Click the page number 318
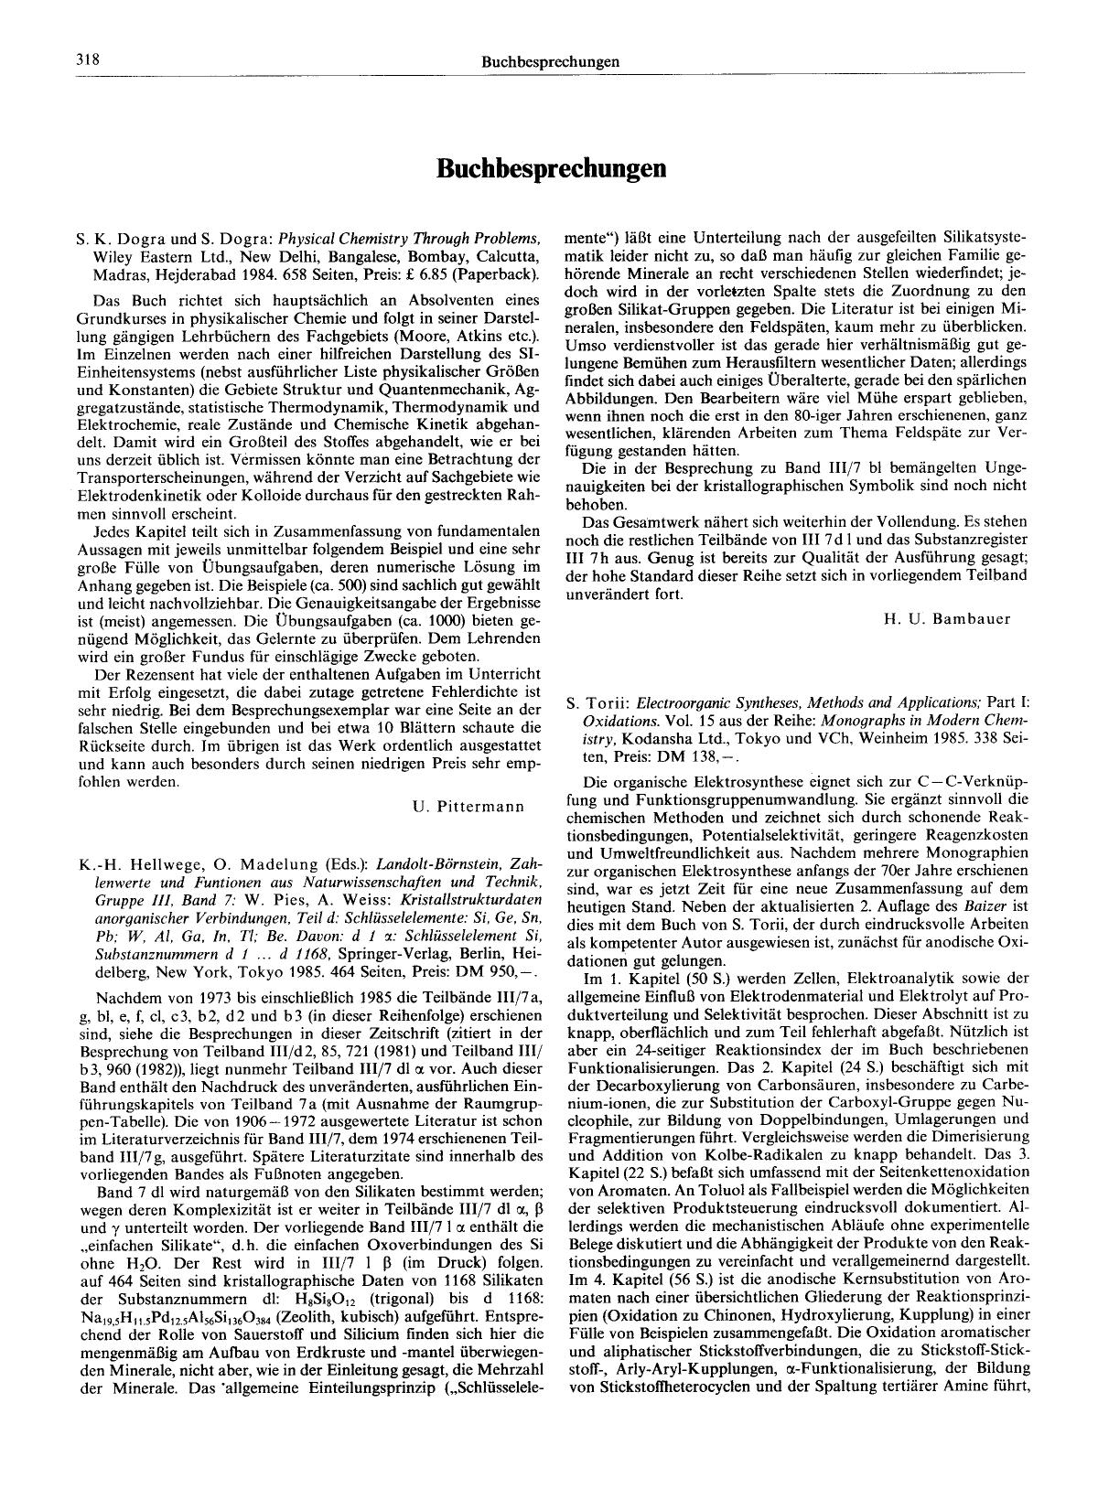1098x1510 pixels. [x=88, y=61]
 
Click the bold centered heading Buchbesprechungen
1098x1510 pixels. [x=550, y=168]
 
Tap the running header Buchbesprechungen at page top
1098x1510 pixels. [x=550, y=62]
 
